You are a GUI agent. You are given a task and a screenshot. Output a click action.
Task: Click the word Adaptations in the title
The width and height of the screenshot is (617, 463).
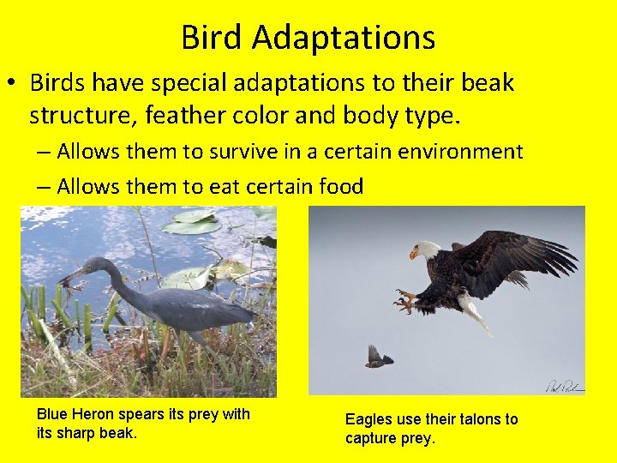point(344,38)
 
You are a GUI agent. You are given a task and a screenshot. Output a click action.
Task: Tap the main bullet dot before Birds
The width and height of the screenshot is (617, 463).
point(13,84)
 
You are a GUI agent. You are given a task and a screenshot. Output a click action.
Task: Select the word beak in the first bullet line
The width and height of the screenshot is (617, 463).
point(484,83)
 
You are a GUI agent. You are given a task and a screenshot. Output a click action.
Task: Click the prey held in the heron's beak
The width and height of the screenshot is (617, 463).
point(65,280)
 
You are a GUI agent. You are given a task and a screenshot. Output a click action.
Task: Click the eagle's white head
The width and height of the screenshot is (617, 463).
point(425,250)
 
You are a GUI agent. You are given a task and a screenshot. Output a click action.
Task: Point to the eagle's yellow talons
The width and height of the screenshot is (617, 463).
point(404,300)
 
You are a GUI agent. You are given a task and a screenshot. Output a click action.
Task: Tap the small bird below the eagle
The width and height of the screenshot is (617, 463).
point(377,357)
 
